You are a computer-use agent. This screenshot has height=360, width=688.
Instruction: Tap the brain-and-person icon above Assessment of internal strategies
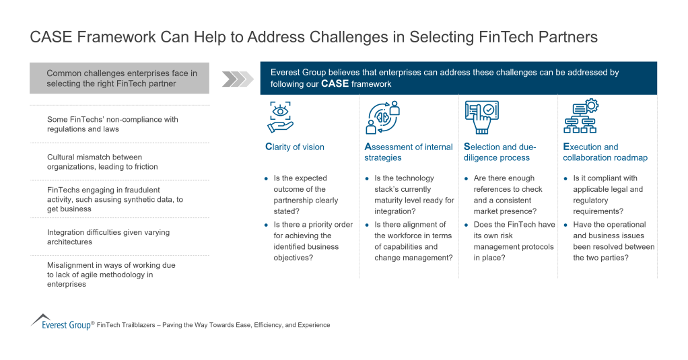click(x=382, y=117)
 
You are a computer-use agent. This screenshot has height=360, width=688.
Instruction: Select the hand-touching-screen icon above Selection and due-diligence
click(x=481, y=117)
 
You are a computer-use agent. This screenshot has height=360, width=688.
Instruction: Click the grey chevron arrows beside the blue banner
click(x=235, y=79)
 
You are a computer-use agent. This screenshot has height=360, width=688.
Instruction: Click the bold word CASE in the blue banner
click(x=335, y=84)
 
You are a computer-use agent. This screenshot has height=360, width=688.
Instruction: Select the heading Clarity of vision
click(x=295, y=147)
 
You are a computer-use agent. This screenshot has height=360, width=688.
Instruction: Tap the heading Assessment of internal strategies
click(x=409, y=152)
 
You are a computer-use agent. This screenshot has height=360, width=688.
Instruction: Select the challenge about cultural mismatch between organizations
click(x=102, y=161)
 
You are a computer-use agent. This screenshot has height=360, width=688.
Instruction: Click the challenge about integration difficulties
click(x=108, y=237)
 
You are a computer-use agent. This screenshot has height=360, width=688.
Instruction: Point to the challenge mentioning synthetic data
click(x=114, y=199)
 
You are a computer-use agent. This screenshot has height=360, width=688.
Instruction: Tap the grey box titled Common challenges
click(x=119, y=78)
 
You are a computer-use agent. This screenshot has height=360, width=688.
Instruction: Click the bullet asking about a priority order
click(x=312, y=241)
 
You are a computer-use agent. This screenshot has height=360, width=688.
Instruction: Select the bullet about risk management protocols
click(x=514, y=241)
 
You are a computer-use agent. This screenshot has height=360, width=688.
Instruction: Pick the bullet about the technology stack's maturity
click(x=413, y=194)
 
